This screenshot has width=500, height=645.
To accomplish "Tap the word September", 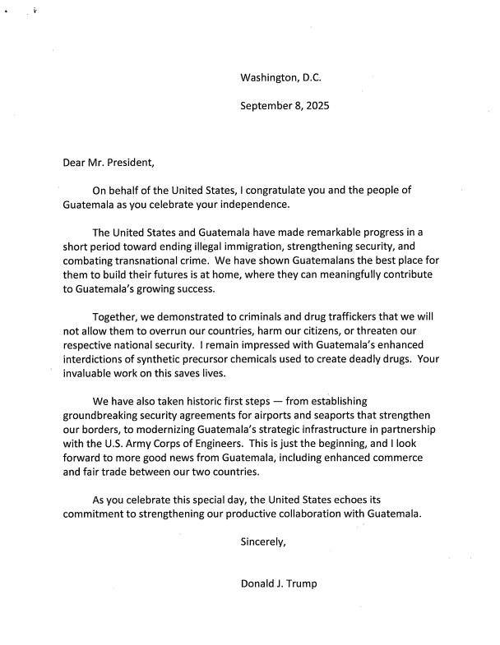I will [x=266, y=106].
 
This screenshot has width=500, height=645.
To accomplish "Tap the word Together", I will [x=118, y=317].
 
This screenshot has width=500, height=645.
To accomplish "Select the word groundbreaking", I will [x=105, y=416].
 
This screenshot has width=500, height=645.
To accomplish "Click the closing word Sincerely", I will [x=262, y=542].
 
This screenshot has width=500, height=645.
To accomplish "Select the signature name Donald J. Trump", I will [x=278, y=584].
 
